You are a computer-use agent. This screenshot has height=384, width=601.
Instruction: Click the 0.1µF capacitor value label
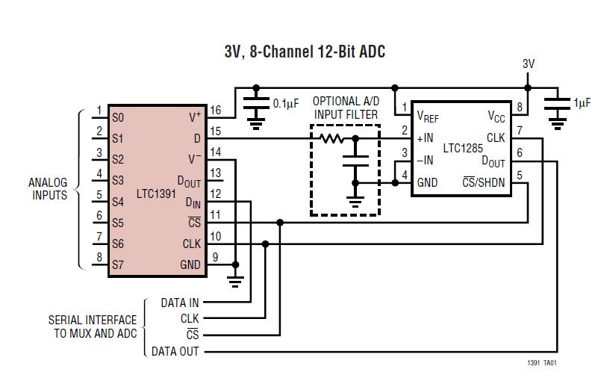click(287, 103)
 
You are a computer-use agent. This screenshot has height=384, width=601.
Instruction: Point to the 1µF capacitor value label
click(582, 104)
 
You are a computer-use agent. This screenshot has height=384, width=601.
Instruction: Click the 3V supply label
click(529, 64)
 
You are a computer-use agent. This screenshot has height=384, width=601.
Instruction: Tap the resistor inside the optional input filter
click(332, 138)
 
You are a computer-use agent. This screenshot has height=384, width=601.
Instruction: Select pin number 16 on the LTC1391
click(215, 110)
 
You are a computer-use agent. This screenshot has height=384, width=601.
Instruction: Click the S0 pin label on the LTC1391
click(118, 117)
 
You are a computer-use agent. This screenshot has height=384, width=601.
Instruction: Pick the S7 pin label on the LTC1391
click(118, 264)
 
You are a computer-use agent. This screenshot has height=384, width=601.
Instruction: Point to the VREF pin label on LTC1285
click(429, 117)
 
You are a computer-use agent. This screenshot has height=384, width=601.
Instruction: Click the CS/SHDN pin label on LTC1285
click(483, 182)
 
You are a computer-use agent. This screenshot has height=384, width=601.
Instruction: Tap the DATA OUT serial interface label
click(175, 351)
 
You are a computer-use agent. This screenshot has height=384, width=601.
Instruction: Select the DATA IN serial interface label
click(180, 303)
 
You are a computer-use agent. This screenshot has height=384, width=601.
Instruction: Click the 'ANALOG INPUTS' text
click(48, 189)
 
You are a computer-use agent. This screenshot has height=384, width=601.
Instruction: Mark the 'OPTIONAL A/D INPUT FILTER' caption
click(345, 108)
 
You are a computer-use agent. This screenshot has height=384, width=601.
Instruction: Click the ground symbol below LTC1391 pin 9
click(236, 281)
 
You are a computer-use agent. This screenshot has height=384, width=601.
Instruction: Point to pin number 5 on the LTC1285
click(519, 176)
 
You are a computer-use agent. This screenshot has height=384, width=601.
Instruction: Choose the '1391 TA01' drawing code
click(541, 364)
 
